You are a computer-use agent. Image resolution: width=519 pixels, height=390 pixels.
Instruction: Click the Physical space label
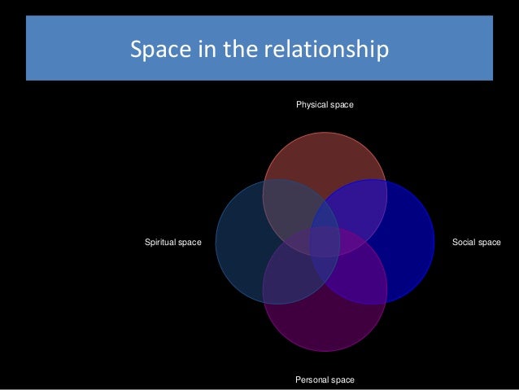(325, 106)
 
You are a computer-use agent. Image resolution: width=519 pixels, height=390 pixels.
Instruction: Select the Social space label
(477, 243)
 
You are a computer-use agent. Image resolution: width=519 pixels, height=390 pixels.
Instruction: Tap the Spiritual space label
(172, 243)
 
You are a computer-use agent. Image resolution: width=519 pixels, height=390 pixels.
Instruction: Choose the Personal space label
(325, 379)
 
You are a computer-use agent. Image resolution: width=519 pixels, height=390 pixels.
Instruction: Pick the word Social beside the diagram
(464, 243)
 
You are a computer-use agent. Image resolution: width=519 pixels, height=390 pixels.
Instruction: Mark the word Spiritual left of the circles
(161, 243)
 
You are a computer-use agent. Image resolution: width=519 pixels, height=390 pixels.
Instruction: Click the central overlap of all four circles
(325, 243)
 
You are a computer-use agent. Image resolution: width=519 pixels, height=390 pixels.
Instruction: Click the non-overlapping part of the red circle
(325, 159)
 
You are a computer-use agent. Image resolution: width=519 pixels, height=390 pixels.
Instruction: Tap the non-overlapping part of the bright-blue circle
(407, 243)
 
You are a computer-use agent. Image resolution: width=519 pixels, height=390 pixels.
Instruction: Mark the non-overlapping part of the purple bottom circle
(325, 326)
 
